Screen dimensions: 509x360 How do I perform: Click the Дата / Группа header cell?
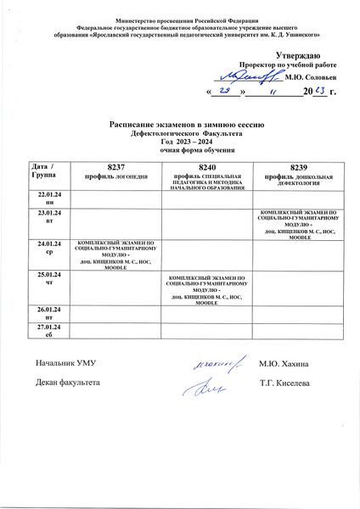tap(42, 167)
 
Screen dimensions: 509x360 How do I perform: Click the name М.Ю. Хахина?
tap(284, 364)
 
